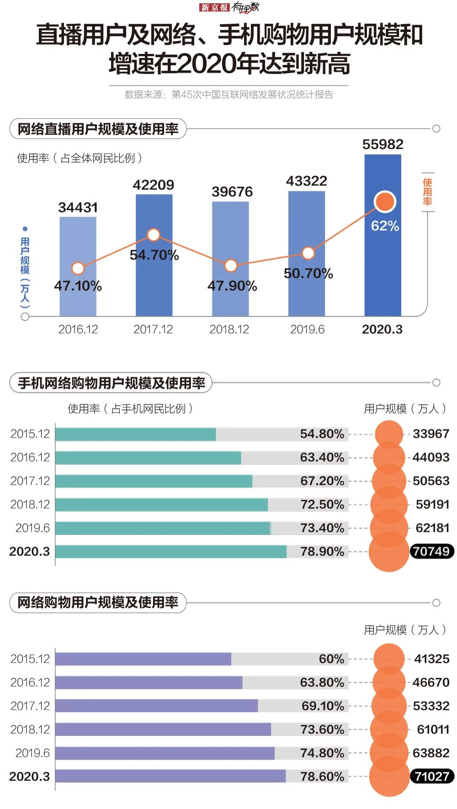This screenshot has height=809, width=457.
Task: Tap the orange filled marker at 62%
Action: pyautogui.click(x=385, y=202)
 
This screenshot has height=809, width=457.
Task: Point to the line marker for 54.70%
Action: pyautogui.click(x=154, y=235)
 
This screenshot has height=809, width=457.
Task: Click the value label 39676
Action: pyautogui.click(x=232, y=192)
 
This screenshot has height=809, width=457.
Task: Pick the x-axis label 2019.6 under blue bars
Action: pyautogui.click(x=307, y=329)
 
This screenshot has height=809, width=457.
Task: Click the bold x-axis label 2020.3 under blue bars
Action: pyautogui.click(x=382, y=329)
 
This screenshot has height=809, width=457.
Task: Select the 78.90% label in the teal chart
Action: pyautogui.click(x=322, y=551)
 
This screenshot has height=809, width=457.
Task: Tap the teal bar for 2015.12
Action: pyautogui.click(x=135, y=434)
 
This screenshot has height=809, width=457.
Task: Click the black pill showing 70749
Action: pyautogui.click(x=431, y=551)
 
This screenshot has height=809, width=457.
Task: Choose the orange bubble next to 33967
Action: pyautogui.click(x=389, y=434)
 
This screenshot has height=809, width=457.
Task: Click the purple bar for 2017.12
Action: pyautogui.click(x=156, y=706)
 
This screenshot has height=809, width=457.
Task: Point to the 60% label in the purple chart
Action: pyautogui.click(x=331, y=659)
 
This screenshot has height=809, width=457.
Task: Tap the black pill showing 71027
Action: pyautogui.click(x=432, y=776)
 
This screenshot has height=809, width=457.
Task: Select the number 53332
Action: pyautogui.click(x=431, y=706)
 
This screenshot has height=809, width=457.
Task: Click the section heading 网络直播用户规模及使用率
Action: pyautogui.click(x=98, y=129)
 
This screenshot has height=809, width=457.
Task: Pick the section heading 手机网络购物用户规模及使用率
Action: pyautogui.click(x=111, y=383)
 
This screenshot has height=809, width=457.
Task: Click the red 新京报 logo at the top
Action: pyautogui.click(x=214, y=7)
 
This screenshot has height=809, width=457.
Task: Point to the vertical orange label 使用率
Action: pyautogui.click(x=427, y=192)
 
